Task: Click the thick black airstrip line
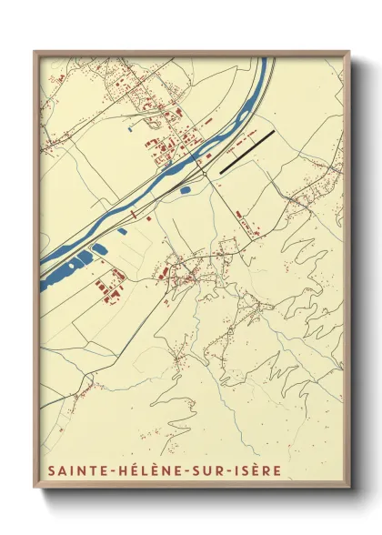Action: coord(246,151)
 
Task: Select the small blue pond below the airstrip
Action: coord(186,190)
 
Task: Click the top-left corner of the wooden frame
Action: coord(35,51)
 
